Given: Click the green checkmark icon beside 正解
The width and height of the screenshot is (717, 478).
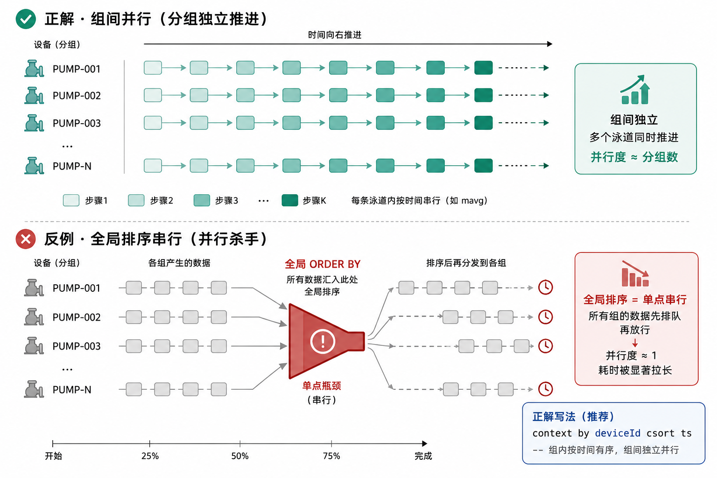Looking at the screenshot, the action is pos(26,19).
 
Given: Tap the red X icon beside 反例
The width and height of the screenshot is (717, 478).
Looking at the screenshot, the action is pos(26,239).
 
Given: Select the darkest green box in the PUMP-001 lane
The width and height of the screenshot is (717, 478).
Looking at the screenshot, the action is pos(483,68).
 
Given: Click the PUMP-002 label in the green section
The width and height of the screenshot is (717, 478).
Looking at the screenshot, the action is pos(77,96).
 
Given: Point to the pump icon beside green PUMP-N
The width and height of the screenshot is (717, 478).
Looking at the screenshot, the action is pos(34,166).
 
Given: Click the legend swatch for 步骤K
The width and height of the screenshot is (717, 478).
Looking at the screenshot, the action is pos(290,200).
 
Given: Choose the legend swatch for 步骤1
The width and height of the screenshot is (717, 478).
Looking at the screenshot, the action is pos(71,200).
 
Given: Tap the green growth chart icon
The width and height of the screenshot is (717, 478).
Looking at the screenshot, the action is pos(635,90).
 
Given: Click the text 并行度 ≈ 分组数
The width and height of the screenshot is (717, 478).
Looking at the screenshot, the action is pos(634,157).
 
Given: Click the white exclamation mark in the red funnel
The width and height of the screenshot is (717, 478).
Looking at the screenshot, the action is pos(323,341).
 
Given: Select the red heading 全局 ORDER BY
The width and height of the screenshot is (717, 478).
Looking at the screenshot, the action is pos(323,264).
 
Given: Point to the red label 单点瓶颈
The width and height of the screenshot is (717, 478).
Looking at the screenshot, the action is pos(322,386).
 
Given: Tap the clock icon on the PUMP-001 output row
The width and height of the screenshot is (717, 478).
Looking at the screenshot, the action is pos(545,288).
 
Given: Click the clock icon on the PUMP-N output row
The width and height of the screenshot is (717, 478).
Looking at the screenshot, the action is pos(545,389).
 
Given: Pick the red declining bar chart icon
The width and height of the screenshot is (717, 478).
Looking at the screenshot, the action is pos(635,274).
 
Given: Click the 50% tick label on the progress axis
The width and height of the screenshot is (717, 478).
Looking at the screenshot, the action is pos(240,456).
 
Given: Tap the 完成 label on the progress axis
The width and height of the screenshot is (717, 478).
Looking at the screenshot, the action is pos(423,456).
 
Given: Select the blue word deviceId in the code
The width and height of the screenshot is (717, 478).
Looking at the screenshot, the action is pos(618,433).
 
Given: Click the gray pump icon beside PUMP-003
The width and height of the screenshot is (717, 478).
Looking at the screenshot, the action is pos(34,346).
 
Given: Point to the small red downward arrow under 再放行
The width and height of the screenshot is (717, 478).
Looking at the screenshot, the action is pos(635,343).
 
